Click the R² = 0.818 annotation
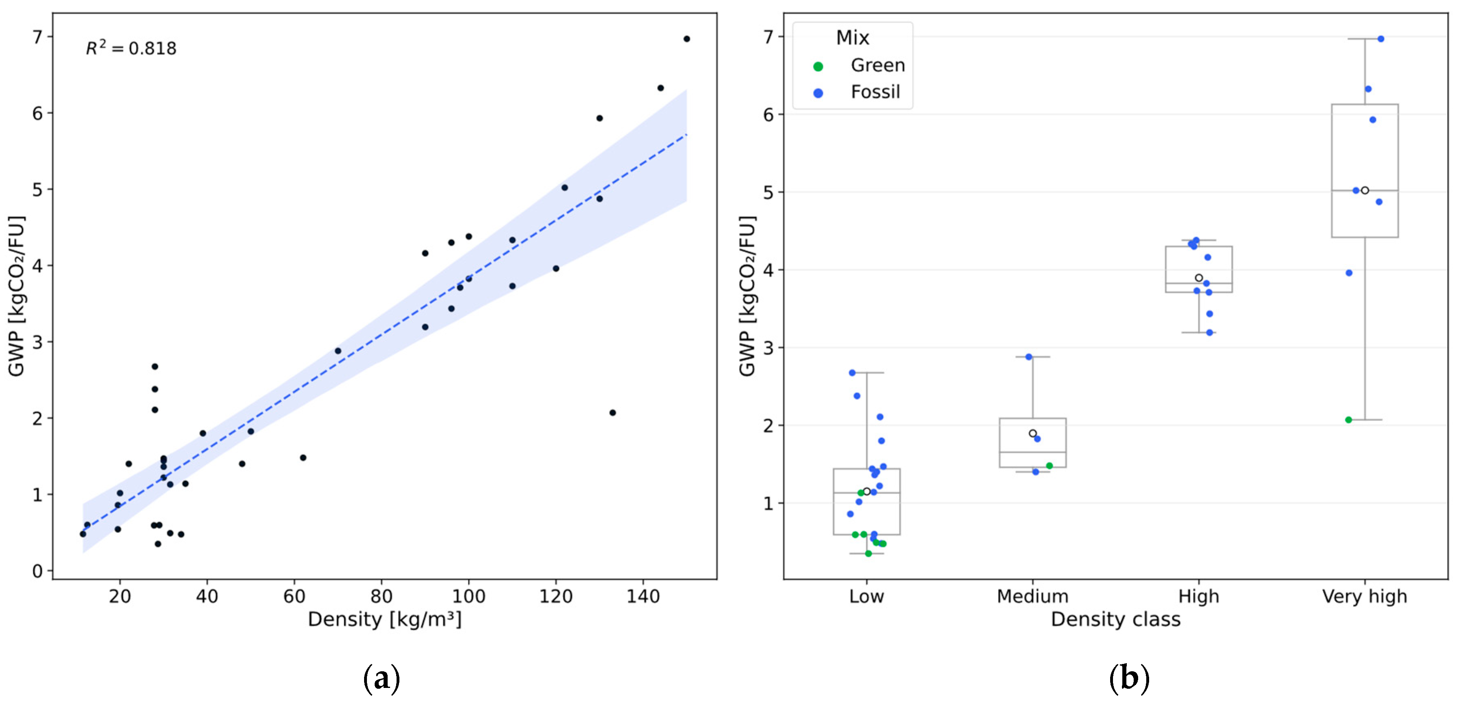pos(131,48)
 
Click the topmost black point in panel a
pos(686,39)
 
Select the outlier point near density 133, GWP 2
pos(613,413)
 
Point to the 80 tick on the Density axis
pos(382,596)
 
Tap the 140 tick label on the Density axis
pos(643,596)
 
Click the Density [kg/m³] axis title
pos(384,619)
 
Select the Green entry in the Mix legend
pos(877,66)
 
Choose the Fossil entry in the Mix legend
pos(875,92)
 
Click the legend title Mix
pos(852,38)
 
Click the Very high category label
pos(1364,596)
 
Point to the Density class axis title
pos(1115,619)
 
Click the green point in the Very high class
pos(1349,420)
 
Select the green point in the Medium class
pos(1049,466)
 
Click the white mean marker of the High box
pos(1199,278)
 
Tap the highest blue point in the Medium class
pos(1029,357)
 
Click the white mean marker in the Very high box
pos(1365,190)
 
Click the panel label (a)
pos(382,678)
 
